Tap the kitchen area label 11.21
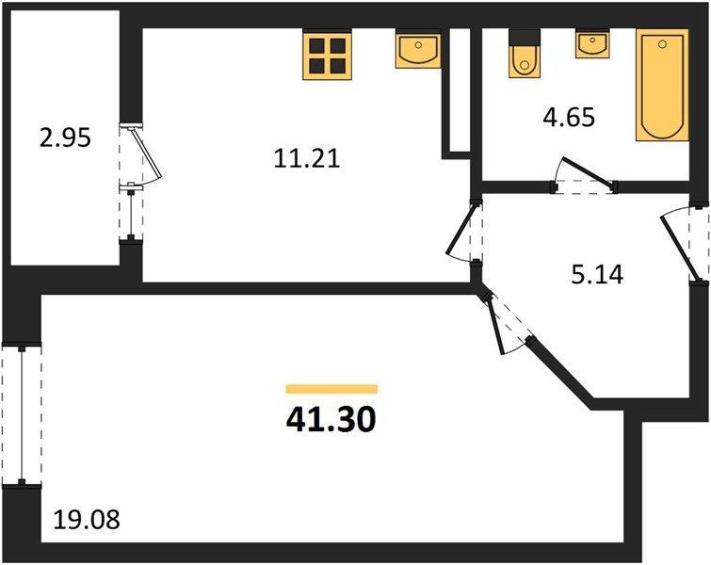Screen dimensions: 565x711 pos(306,160)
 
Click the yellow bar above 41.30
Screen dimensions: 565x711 pos(331,388)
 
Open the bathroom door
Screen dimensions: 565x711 pos(584,179)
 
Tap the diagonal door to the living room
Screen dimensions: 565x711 pos(508,321)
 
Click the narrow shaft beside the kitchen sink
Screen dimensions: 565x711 pos(457,89)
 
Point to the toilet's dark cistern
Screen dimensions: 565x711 pos(522,38)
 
